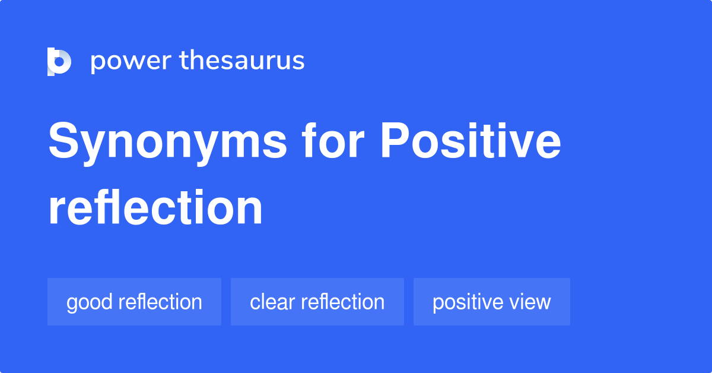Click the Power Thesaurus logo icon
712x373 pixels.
(59, 61)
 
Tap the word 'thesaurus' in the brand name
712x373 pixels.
(242, 61)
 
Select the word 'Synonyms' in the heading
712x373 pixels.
(168, 143)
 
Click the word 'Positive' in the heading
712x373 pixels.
(470, 143)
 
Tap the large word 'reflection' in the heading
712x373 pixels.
(155, 208)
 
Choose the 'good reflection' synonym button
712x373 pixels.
(134, 302)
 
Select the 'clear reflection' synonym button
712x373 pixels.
(317, 302)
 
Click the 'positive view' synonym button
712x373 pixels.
(491, 302)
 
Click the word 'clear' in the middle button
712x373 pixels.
(272, 302)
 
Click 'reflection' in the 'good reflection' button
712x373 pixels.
(160, 302)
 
